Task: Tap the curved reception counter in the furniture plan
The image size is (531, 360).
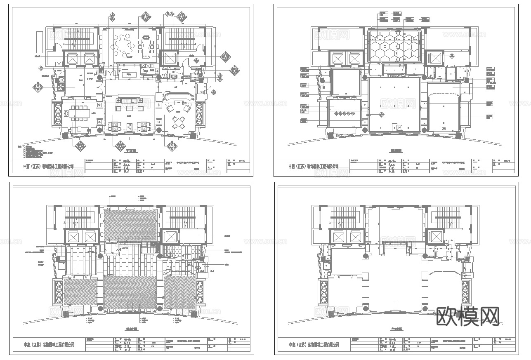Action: [178, 96]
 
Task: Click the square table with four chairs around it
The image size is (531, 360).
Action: [179, 122]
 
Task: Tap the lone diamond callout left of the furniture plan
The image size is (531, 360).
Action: [38, 87]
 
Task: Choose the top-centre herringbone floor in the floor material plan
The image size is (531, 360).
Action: [130, 225]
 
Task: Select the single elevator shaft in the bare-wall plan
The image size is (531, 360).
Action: [434, 237]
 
